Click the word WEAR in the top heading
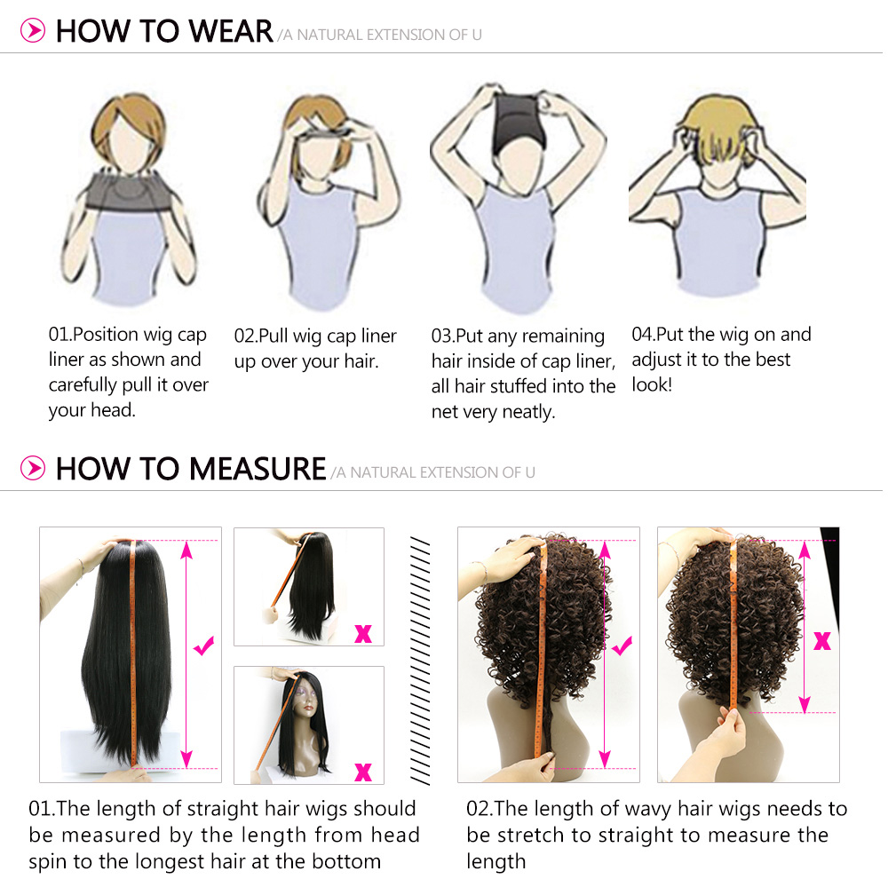coord(230,31)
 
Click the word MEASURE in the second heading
coord(258,469)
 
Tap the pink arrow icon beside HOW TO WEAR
coord(33,30)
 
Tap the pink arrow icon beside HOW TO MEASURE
coord(33,468)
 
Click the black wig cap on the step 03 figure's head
coord(518,121)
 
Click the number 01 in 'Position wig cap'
coord(59,335)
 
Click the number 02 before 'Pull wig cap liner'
coord(245,337)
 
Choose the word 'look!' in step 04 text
coord(652,384)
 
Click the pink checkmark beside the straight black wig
coord(203,646)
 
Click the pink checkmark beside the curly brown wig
coord(622,646)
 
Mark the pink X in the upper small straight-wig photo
coord(363,634)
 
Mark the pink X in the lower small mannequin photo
coord(363,772)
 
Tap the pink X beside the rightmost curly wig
coord(822,641)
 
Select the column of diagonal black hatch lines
coord(420,661)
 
